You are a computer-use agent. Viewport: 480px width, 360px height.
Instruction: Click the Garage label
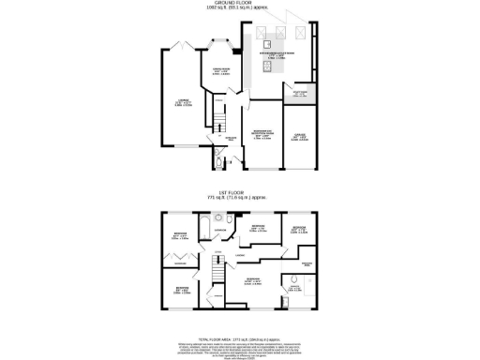tap(298, 138)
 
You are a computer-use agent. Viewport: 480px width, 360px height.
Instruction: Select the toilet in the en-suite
tap(295, 278)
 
